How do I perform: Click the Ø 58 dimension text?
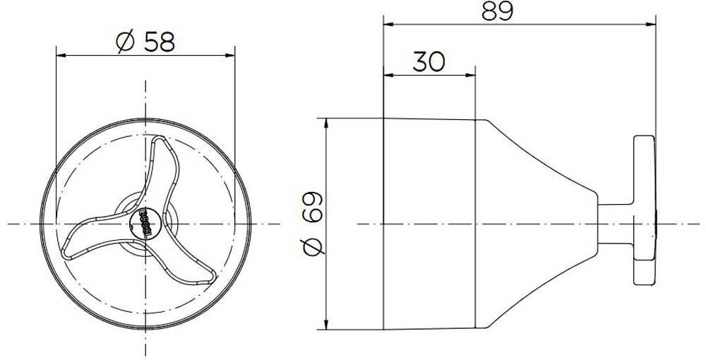[x=143, y=42]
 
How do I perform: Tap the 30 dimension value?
[x=428, y=62]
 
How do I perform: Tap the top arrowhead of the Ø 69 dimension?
[x=326, y=123]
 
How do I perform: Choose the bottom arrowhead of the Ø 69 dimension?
[x=326, y=325]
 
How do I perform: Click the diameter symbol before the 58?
[x=122, y=42]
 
